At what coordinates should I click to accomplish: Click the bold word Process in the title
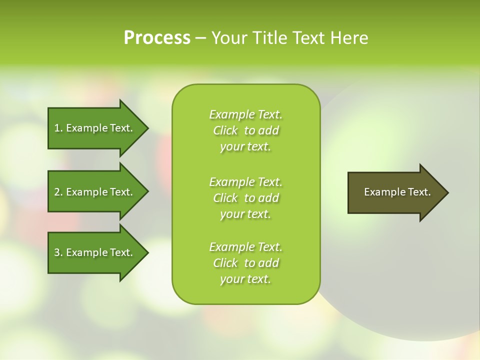[157, 38]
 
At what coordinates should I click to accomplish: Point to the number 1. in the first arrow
[58, 128]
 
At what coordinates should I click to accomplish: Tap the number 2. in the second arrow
[58, 192]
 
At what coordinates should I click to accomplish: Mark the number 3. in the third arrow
[58, 252]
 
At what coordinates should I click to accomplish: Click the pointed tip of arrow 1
[145, 128]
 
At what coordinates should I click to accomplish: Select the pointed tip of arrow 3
[145, 252]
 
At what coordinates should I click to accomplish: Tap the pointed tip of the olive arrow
[446, 192]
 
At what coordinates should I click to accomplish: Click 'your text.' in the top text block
[245, 146]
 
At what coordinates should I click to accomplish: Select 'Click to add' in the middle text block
[245, 198]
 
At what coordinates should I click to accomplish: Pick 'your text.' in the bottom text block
[245, 279]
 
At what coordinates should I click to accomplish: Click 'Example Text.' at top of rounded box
[245, 114]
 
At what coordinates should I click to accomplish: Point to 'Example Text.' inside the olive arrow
[397, 192]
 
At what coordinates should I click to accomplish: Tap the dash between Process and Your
[201, 38]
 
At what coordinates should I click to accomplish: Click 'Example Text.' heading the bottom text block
[245, 247]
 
